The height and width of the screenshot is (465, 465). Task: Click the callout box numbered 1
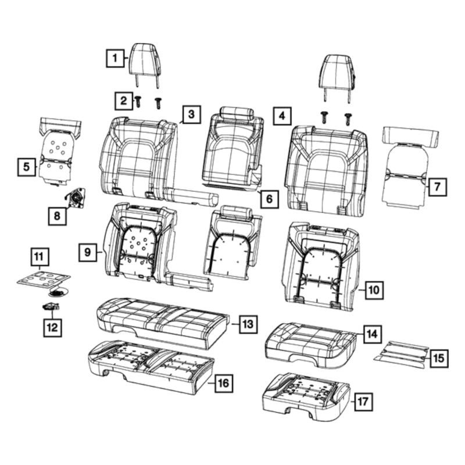coord(115,58)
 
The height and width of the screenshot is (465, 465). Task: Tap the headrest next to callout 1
coord(146,65)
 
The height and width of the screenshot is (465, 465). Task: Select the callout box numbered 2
coord(124,101)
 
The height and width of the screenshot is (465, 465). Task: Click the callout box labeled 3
coord(192,114)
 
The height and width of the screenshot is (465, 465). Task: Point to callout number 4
coord(282,116)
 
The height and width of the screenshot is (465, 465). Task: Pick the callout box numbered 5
coord(26,167)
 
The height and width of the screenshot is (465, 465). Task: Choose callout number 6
coord(269,199)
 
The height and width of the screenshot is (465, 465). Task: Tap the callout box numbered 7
coord(437,187)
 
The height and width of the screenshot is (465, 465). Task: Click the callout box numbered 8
coord(57,216)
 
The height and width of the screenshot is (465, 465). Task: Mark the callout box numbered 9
coord(88,252)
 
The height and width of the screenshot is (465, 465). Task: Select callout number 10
coord(374,289)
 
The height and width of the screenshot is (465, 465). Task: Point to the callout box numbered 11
coord(40,257)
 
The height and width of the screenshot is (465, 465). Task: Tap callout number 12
coord(52,327)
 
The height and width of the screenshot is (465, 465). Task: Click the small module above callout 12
coord(51,307)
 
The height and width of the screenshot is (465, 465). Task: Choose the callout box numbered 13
coord(248,324)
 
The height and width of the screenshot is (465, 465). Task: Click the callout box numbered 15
coord(439,358)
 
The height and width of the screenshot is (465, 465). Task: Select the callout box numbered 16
coord(223,383)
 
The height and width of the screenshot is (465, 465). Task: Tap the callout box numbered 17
coord(363,402)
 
